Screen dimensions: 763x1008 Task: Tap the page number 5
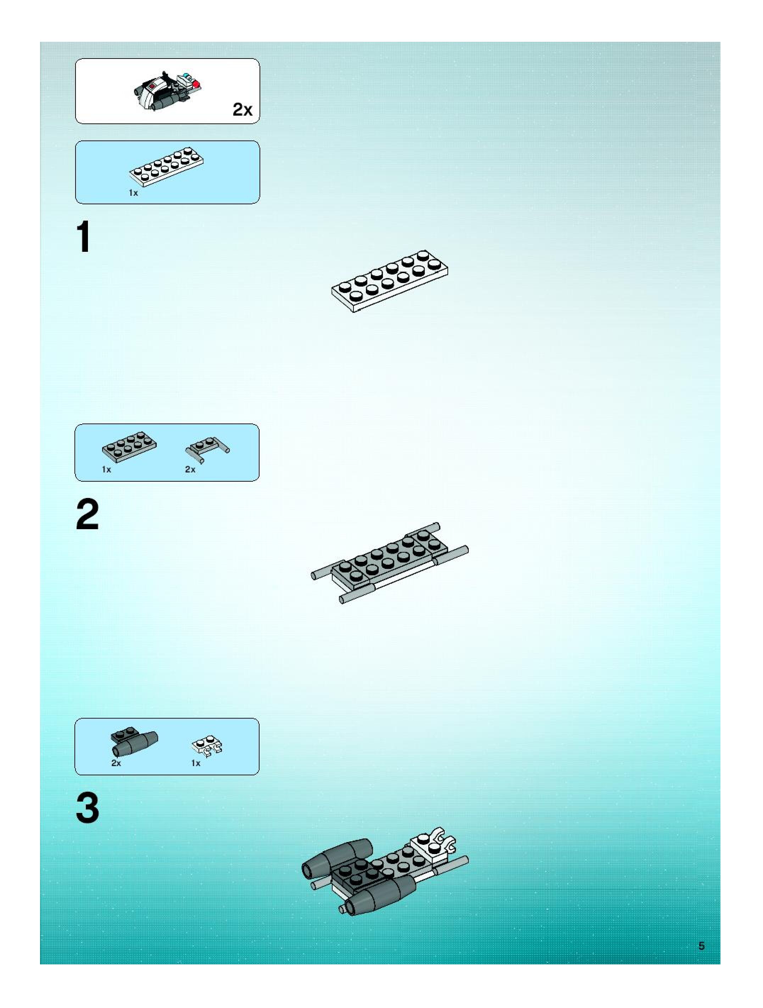click(x=702, y=946)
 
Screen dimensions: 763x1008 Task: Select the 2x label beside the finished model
click(x=243, y=110)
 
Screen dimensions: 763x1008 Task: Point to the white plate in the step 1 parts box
click(x=166, y=167)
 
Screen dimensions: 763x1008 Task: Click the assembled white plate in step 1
click(x=389, y=281)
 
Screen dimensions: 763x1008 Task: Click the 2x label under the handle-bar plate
click(x=190, y=469)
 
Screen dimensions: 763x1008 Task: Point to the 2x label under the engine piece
click(x=116, y=763)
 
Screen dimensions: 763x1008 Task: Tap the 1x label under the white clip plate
click(x=196, y=763)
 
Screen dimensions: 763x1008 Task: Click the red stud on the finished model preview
click(x=196, y=84)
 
